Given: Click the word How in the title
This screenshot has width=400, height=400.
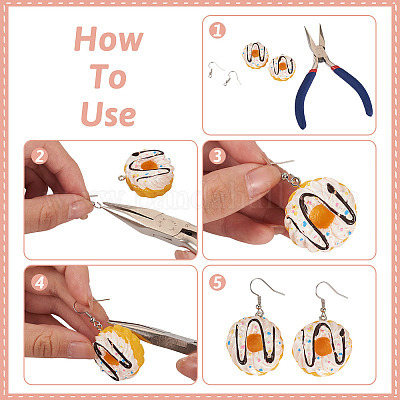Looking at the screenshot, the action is (109, 39).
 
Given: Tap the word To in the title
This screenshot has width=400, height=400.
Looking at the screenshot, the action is (109, 76).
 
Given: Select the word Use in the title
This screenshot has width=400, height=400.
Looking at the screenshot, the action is (108, 114).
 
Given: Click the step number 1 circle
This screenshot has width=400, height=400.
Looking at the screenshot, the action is (217, 30).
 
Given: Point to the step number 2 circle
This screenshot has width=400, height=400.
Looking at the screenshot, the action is (39, 155).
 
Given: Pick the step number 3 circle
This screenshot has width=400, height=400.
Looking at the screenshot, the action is (217, 155).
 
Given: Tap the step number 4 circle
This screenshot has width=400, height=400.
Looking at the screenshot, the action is (39, 283).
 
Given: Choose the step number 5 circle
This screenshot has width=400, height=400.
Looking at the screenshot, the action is (217, 283).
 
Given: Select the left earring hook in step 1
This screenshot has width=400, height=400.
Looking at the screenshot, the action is (215, 70).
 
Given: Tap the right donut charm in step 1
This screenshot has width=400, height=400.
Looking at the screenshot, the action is (282, 68).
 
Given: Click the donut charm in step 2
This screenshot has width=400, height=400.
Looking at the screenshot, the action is (148, 173).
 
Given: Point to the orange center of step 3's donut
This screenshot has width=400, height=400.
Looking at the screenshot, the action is (322, 217).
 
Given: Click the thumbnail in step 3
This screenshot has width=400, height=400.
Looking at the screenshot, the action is (262, 181).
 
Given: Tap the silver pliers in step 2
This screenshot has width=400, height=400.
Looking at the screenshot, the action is (150, 223).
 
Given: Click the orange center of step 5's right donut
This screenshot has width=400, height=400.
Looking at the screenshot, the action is (323, 346).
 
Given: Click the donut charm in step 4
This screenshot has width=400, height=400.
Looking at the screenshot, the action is (118, 353).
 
